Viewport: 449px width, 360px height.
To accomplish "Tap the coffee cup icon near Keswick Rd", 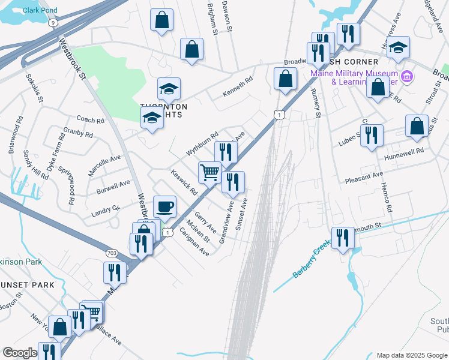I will pyautogui.click(x=165, y=208).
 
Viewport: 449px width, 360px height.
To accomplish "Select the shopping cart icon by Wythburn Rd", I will pyautogui.click(x=210, y=173).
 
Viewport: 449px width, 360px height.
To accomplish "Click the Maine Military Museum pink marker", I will pyautogui.click(x=407, y=76).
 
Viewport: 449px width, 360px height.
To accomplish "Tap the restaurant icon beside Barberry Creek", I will pyautogui.click(x=343, y=238).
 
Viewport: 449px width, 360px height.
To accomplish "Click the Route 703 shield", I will pyautogui.click(x=112, y=253).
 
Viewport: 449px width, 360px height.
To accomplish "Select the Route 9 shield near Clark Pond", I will pyautogui.click(x=53, y=22).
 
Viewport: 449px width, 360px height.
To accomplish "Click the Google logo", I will pyautogui.click(x=20, y=353).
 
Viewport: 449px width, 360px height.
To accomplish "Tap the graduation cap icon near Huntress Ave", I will pyautogui.click(x=398, y=47).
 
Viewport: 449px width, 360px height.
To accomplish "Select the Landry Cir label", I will pyautogui.click(x=106, y=210).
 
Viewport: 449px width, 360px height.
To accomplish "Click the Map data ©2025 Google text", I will pyautogui.click(x=412, y=355).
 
